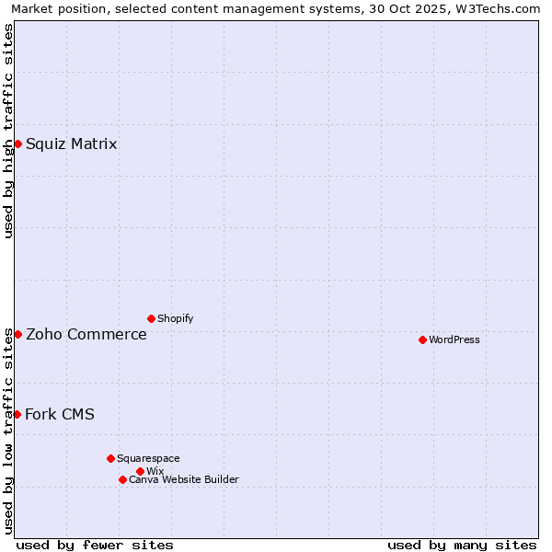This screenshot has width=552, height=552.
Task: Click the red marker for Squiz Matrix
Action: pos(17,144)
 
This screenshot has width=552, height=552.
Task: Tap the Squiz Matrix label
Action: pos(71,144)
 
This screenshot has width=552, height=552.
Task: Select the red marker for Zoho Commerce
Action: pos(17,334)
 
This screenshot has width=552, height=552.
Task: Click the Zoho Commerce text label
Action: pos(86,334)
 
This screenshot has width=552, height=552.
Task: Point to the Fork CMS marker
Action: pos(17,414)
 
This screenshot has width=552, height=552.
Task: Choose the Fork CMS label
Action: pos(59,414)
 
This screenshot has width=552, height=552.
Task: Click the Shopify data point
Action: pos(151,318)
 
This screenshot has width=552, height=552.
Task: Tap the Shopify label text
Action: pos(175,318)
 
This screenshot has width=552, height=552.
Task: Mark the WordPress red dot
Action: pos(422,339)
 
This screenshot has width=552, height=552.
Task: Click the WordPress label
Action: pos(454,339)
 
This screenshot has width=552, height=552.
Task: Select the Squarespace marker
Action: pos(110,458)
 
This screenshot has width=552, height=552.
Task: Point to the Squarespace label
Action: pos(148,458)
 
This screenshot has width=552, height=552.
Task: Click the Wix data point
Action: pos(140,471)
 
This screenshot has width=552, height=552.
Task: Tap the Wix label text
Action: pos(155,471)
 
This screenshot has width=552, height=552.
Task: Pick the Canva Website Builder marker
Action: pos(122,479)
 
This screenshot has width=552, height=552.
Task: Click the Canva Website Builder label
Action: pos(183,479)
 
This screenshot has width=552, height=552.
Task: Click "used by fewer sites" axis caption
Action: pos(95,545)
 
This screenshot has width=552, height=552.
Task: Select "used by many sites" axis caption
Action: pos(462,545)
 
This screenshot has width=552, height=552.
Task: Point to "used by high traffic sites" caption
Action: pos(9,131)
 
